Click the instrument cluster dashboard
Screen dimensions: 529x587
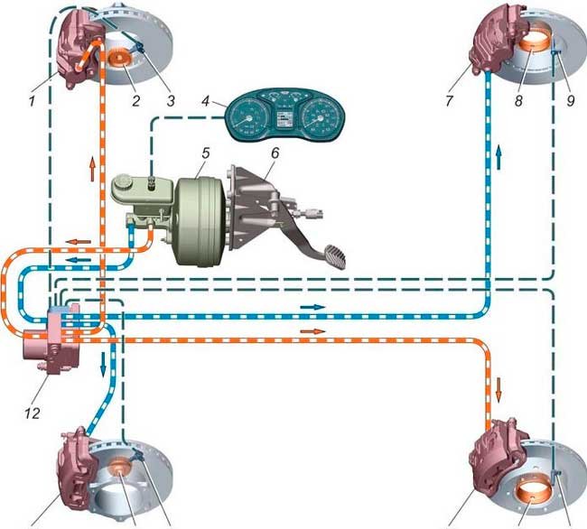(x=284, y=117)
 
